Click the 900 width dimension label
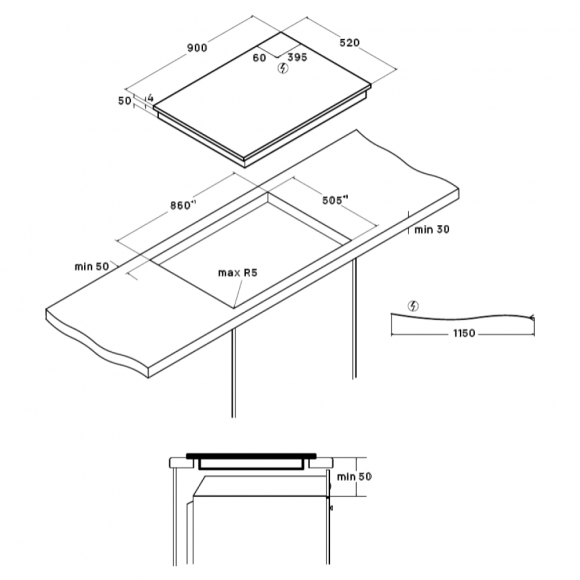197,48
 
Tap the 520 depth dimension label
350,43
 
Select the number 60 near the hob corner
259,58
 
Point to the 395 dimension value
297,57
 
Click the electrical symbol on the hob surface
283,68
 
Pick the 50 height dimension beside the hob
125,101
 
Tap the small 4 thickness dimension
150,98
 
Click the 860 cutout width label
183,205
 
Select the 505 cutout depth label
335,200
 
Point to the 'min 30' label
432,230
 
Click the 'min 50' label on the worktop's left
92,266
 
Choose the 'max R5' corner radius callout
237,273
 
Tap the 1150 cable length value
464,333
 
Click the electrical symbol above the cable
413,306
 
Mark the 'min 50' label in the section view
354,476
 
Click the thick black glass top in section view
252,456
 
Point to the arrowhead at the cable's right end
532,317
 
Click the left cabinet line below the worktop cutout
233,373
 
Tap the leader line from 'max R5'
239,294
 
